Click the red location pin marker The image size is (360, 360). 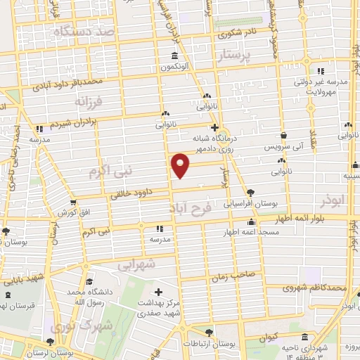[x=181, y=165]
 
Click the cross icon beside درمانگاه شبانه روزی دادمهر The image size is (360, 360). [x=215, y=129]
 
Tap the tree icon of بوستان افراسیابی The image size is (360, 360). [x=251, y=192]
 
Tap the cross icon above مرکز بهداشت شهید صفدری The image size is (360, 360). [x=158, y=292]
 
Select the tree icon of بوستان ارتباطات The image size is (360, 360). [x=209, y=333]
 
